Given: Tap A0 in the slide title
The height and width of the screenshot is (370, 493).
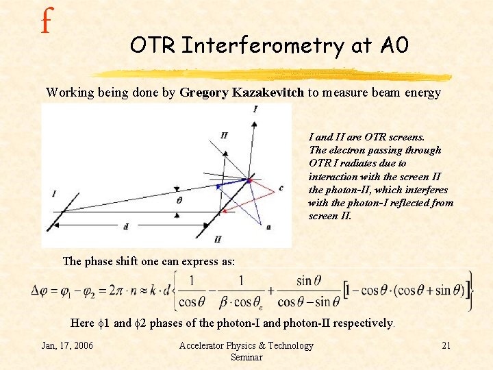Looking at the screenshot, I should click(393, 45).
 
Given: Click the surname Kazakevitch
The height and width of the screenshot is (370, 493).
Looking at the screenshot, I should click(267, 92).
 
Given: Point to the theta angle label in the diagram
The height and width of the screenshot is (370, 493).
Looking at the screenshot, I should click(179, 201).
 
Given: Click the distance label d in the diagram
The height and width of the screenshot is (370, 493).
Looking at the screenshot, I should click(125, 226).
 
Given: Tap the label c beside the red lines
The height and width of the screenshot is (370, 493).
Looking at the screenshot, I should click(281, 187).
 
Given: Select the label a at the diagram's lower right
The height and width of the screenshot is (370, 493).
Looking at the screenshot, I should click(268, 226).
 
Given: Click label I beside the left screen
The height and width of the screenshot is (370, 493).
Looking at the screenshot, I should click(53, 195).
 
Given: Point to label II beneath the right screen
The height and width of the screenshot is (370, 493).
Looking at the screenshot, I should click(218, 239).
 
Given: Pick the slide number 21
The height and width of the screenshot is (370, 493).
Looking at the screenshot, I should click(446, 345).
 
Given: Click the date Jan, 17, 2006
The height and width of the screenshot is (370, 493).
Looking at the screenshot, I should click(68, 345).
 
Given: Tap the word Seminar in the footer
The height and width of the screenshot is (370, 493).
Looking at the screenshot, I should click(246, 357).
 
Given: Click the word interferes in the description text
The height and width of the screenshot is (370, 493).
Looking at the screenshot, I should click(425, 190).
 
